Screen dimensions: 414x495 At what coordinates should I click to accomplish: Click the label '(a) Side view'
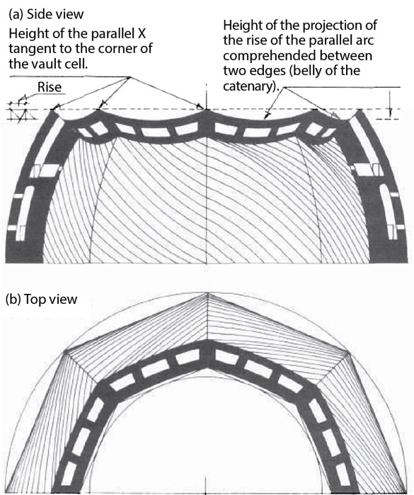click(46, 15)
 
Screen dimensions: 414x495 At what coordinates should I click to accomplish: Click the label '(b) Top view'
click(41, 300)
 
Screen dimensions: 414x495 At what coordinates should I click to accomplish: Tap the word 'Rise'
click(50, 87)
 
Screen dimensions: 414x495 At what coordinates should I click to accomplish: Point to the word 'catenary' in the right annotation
click(247, 86)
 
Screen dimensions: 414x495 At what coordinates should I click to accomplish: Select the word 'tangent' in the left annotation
click(29, 49)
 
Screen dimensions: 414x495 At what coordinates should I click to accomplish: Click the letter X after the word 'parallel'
click(142, 33)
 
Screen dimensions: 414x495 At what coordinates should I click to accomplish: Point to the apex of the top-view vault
click(207, 294)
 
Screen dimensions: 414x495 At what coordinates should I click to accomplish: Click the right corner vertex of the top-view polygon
click(347, 353)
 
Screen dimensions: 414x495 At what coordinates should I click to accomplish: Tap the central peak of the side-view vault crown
click(207, 110)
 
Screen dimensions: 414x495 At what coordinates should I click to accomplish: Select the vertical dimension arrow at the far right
click(390, 103)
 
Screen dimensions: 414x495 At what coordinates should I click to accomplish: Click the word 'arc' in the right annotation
click(365, 41)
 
